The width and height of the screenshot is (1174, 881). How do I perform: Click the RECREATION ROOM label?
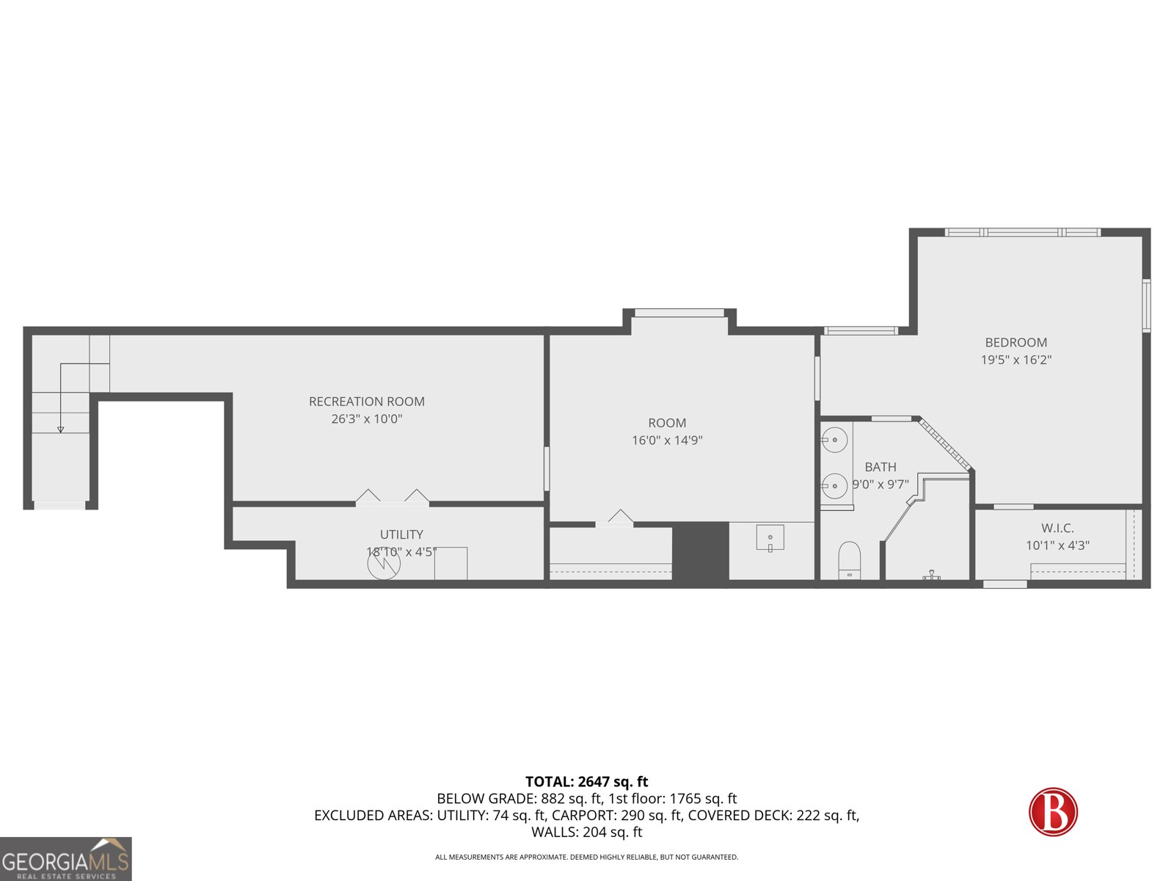click(x=366, y=402)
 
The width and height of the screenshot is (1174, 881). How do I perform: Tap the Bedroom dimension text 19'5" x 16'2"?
click(x=1016, y=360)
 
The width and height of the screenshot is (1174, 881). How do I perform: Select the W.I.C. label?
click(x=1057, y=528)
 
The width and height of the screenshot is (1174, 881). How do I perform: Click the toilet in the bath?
click(x=849, y=561)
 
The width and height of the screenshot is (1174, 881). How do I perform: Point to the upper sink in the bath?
click(x=834, y=440)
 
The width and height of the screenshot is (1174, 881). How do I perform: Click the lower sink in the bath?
click(x=834, y=486)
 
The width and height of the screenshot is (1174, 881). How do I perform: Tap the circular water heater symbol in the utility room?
click(x=384, y=564)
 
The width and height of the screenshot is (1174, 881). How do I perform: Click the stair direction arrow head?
click(x=61, y=429)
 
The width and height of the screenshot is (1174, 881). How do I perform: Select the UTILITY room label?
click(x=401, y=534)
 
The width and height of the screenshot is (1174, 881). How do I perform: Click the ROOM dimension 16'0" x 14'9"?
click(x=667, y=440)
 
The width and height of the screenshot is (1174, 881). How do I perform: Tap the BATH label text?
click(x=880, y=467)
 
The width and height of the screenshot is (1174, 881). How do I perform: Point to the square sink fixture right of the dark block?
click(x=770, y=538)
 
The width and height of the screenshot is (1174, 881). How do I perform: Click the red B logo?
click(x=1053, y=812)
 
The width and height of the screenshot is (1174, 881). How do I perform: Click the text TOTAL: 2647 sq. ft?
click(x=586, y=782)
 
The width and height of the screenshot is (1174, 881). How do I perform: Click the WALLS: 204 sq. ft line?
click(x=586, y=832)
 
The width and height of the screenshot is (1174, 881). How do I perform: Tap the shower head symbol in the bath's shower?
click(x=931, y=575)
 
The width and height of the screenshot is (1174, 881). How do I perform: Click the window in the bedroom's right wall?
click(x=1146, y=305)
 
